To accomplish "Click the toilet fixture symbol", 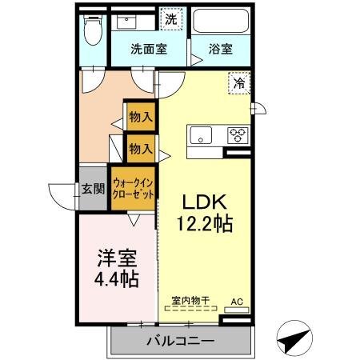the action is point(93,30).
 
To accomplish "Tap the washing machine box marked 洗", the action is point(171,18).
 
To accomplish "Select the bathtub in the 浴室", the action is point(220,21).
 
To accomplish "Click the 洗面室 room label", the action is point(149,49).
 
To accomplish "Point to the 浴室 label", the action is point(221,49).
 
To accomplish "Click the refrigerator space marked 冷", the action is point(239,83).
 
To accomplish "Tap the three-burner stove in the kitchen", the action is point(238,135).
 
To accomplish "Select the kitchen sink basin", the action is point(201,135).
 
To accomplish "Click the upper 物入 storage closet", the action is point(141,117).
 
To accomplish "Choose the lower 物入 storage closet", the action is point(141,148).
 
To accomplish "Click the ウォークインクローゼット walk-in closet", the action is point(133,188).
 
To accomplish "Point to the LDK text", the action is point(205,202).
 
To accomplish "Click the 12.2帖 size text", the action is point(205,223).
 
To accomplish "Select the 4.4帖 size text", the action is point(117,279).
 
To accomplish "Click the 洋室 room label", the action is point(117,258).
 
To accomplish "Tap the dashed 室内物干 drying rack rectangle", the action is point(190,309).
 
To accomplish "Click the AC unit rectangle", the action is point(237,310).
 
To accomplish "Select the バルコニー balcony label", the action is point(181,341).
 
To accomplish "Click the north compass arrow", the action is point(294,338).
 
